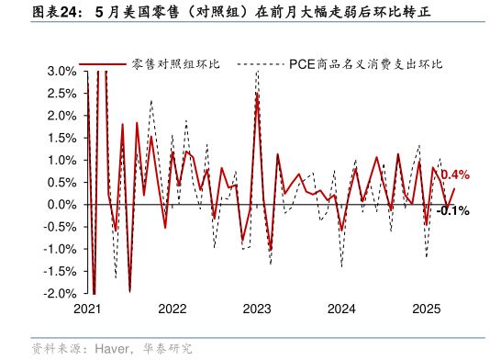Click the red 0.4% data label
(455, 174)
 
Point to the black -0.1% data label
(452, 210)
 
